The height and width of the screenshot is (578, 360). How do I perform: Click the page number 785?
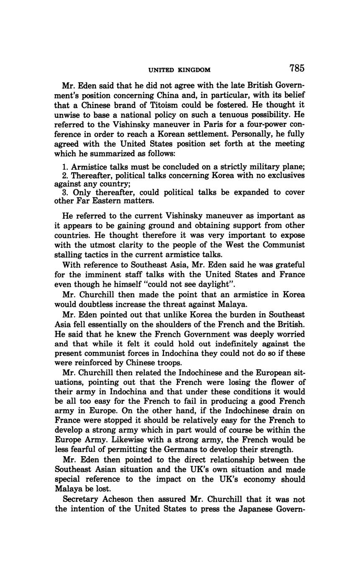[x=296, y=68]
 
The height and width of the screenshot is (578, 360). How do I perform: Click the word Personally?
[x=243, y=134]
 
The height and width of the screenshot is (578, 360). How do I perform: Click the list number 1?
[x=64, y=167]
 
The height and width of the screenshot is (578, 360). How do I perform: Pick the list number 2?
[x=64, y=175]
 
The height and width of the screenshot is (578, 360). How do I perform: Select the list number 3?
[x=64, y=193]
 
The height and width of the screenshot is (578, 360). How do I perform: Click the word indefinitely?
[x=241, y=344]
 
